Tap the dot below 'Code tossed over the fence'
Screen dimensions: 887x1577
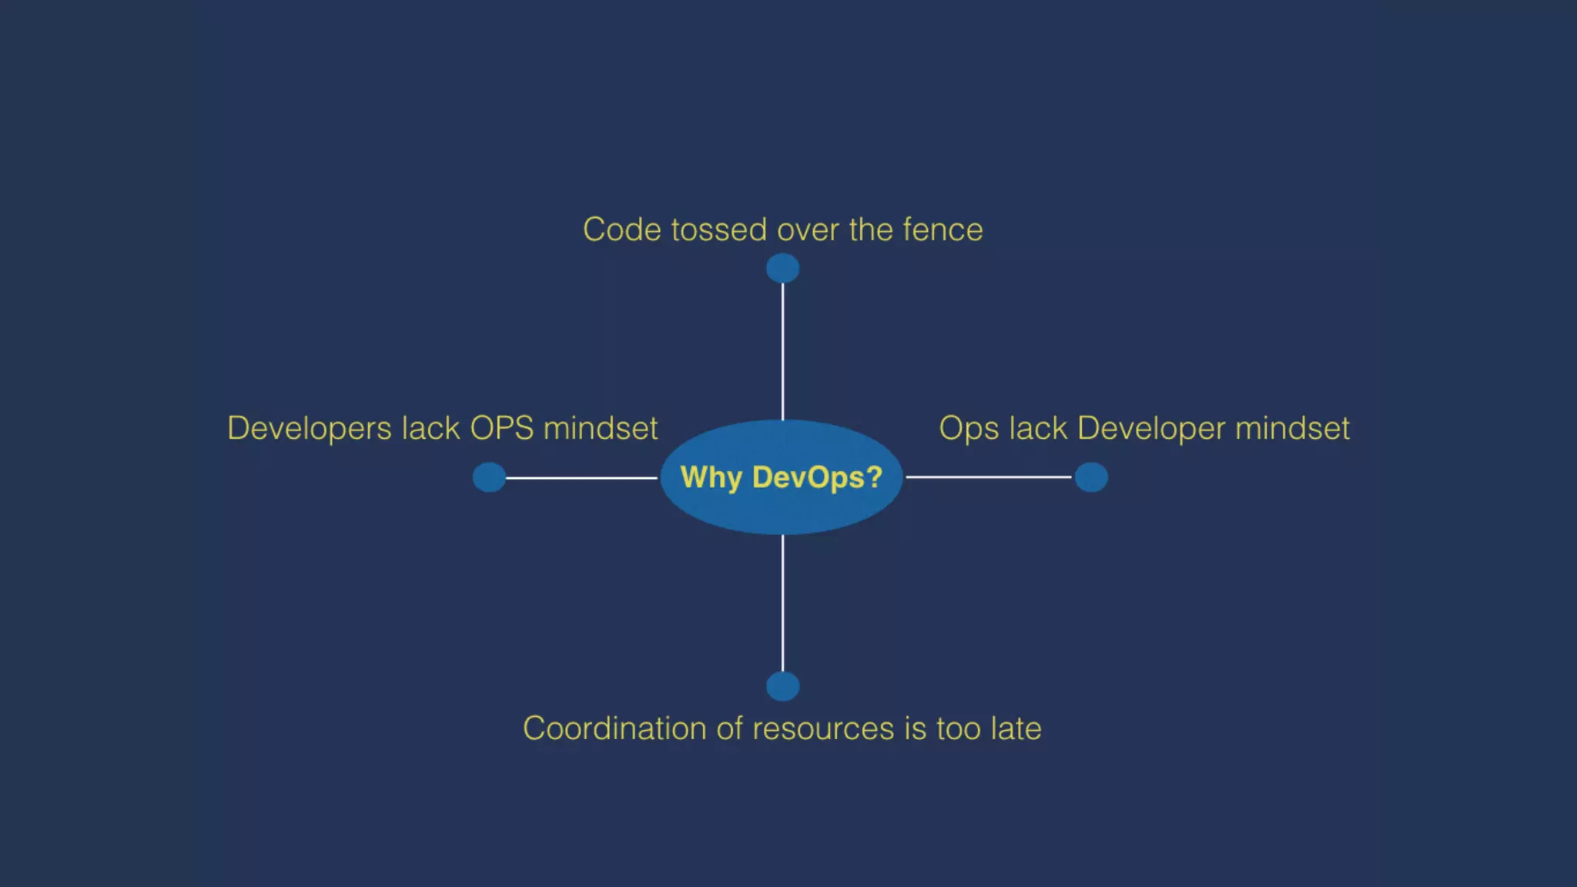(x=782, y=269)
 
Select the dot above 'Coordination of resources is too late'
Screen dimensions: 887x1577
(x=782, y=686)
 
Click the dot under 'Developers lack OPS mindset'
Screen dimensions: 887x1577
(x=489, y=477)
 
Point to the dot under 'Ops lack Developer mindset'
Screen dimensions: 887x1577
(x=1091, y=477)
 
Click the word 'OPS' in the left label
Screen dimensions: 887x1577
(x=501, y=428)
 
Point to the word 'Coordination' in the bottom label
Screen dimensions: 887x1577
(x=614, y=728)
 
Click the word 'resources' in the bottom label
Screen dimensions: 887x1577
(x=823, y=728)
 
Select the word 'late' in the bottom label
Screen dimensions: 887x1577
(x=1016, y=728)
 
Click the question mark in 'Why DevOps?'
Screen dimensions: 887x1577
(x=874, y=477)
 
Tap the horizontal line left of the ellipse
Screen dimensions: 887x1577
(x=581, y=477)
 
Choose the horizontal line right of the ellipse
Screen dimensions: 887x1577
(x=989, y=477)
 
